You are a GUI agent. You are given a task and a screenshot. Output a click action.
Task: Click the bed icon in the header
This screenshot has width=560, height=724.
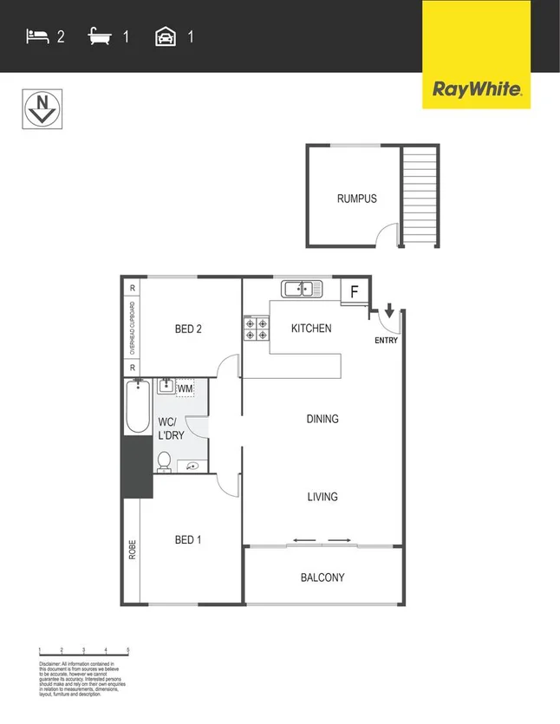(x=37, y=36)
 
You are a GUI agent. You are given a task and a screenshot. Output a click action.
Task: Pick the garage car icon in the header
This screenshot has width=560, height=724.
(x=165, y=36)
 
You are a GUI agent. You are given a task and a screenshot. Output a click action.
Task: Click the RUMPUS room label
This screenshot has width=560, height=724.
(x=356, y=199)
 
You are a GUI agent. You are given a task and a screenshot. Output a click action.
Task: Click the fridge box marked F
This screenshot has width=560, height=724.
(x=354, y=292)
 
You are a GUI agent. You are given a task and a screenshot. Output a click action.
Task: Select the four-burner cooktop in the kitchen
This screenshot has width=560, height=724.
(x=257, y=329)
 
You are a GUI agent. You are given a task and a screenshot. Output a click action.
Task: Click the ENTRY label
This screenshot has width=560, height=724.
(x=386, y=340)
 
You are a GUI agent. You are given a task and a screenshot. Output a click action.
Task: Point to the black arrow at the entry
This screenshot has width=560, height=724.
(x=389, y=310)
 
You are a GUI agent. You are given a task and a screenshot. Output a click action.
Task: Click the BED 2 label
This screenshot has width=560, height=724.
(x=188, y=329)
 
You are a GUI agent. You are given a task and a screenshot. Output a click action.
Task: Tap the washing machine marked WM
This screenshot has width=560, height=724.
(x=185, y=388)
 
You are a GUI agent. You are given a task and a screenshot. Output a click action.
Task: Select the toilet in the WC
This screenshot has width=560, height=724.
(x=163, y=462)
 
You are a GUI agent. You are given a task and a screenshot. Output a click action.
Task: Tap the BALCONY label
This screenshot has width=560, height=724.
(x=322, y=577)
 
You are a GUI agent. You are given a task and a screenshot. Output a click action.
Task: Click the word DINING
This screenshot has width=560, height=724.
(x=322, y=419)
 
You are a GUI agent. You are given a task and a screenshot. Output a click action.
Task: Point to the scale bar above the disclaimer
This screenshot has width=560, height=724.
(x=83, y=651)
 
